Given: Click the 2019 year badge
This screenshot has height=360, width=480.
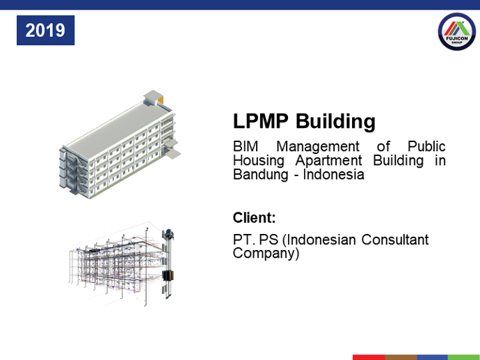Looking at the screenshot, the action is coord(45,31).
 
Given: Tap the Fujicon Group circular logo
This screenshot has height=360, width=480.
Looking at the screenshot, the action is coord(457,31).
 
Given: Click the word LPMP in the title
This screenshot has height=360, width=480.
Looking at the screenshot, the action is coord(260,120).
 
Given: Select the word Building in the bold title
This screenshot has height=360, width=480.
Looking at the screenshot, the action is coord(335,121).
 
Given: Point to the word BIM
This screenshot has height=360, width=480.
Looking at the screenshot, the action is coord(246,146).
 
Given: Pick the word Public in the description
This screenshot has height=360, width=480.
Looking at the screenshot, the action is coord(426,146).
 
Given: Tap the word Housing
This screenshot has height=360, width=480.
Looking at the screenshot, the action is coord(259,161).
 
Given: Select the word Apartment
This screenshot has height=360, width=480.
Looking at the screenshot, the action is coord(329,161).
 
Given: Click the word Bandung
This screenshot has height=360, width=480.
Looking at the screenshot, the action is coord(260,175).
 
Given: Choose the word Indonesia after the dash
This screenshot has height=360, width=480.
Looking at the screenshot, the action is coord(334,174).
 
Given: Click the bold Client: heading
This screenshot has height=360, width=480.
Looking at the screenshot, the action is coord(254,217).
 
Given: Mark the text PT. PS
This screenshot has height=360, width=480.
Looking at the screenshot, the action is coord(255,240).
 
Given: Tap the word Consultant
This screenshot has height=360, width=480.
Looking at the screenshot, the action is coord(395,240).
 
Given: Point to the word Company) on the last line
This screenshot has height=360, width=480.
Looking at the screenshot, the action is coord(266,254).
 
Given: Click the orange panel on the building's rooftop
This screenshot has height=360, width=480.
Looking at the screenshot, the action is coord(161,100).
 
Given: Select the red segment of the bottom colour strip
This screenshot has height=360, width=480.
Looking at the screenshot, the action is coord(369,357).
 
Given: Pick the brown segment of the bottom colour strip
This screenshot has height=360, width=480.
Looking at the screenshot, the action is coord(401,357).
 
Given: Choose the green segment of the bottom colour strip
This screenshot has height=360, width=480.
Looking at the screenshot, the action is coord(464,357).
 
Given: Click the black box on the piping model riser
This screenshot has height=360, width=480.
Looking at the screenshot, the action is coord(168,276).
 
